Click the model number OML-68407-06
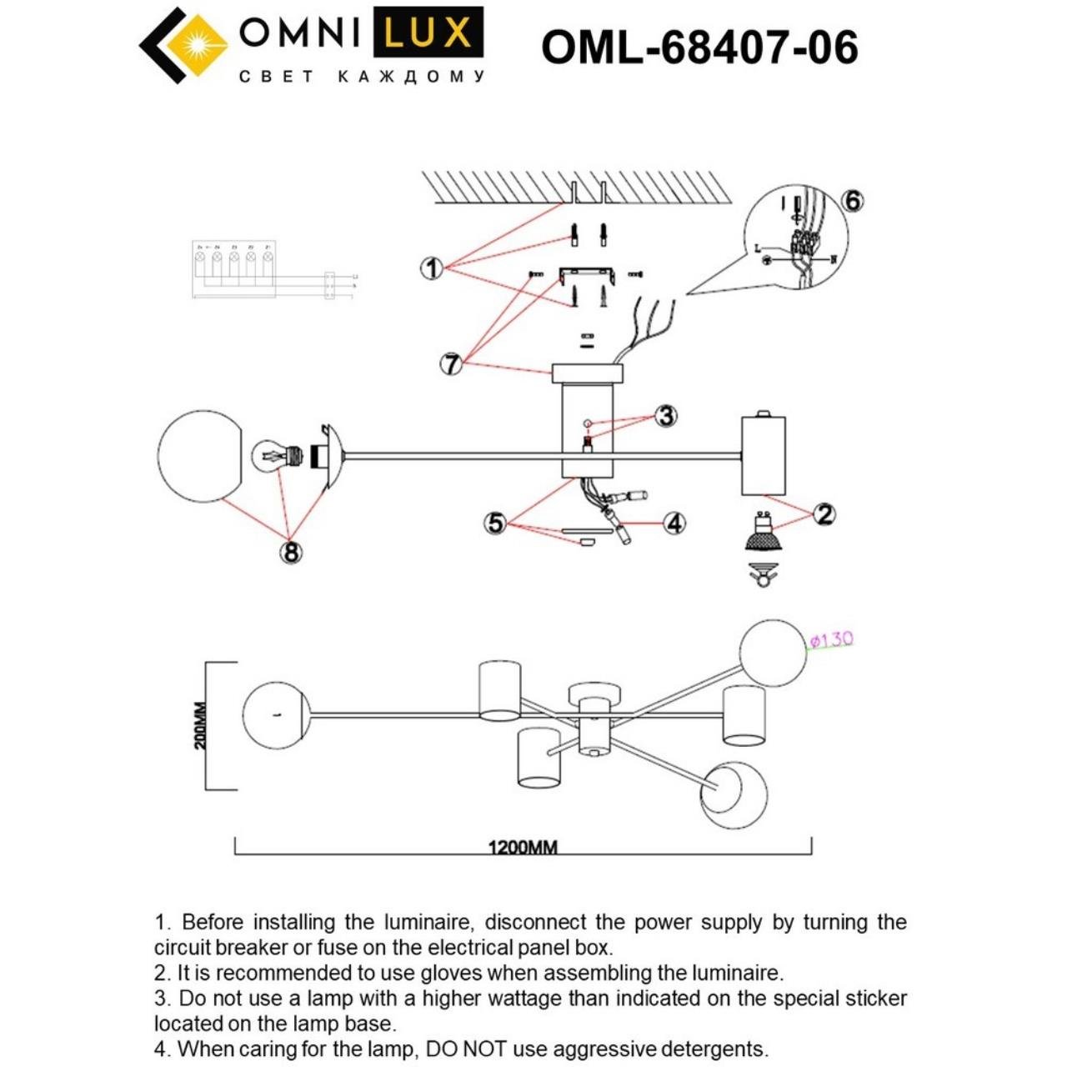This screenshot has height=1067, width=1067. coord(699,48)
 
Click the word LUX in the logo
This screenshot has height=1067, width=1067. coord(428,33)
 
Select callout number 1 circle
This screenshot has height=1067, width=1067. coord(431,268)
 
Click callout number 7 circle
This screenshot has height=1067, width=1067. coord(451,363)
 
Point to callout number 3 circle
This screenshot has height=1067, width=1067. coord(665,415)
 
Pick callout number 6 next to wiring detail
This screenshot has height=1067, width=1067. coord(852,201)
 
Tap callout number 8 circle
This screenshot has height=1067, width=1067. coord(291,552)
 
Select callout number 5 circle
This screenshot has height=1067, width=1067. coord(495,523)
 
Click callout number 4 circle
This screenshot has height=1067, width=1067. coord(674,523)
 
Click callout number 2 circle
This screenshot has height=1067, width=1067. coord(824,513)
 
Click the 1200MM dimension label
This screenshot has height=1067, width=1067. coord(523,847)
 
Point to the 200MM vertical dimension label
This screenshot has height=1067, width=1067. coord(201,725)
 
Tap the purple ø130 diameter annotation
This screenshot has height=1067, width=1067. coord(831,639)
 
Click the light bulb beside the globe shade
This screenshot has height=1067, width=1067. coord(276,457)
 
